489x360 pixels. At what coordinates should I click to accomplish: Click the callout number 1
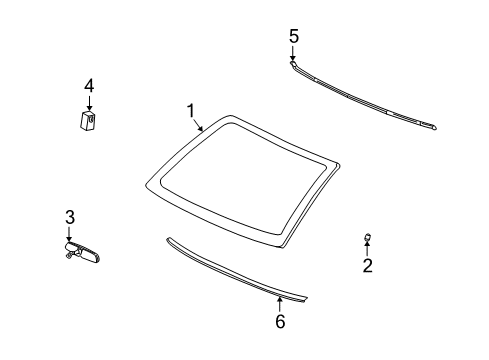click(190, 110)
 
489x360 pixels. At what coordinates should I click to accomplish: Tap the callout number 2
click(367, 266)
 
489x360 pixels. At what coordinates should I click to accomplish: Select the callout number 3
click(70, 217)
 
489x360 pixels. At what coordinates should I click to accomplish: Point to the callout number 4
click(89, 87)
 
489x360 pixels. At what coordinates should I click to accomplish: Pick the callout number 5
click(294, 36)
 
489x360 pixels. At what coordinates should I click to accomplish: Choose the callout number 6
click(280, 321)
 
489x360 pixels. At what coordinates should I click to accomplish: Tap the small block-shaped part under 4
click(88, 121)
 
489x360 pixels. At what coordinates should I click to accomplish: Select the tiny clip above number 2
click(367, 238)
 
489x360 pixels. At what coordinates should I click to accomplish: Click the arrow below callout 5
click(294, 54)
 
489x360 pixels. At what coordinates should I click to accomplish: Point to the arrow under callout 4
click(89, 104)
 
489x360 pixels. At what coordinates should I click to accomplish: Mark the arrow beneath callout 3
click(69, 234)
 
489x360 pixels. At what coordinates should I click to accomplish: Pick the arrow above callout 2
click(367, 249)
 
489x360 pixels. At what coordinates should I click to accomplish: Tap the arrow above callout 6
click(280, 302)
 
